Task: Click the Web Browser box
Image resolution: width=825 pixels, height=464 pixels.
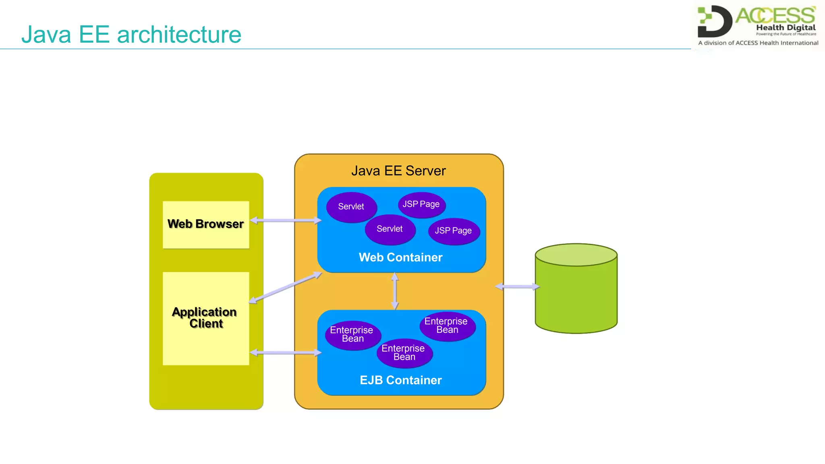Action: pyautogui.click(x=206, y=224)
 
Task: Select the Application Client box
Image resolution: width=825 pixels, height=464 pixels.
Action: pyautogui.click(x=206, y=318)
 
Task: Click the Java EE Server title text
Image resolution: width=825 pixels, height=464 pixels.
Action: pyautogui.click(x=398, y=171)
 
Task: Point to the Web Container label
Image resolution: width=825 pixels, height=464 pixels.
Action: pyautogui.click(x=400, y=257)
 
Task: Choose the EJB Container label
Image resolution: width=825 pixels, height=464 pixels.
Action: pyautogui.click(x=400, y=380)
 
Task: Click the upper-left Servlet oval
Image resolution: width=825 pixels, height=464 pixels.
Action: pyautogui.click(x=351, y=207)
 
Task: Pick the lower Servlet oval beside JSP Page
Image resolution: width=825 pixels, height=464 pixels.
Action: pyautogui.click(x=390, y=229)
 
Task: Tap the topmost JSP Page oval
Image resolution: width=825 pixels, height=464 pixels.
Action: pyautogui.click(x=421, y=205)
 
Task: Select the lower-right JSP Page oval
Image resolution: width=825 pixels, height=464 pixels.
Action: pyautogui.click(x=454, y=231)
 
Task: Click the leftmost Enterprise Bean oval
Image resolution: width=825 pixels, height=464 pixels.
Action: pyautogui.click(x=352, y=335)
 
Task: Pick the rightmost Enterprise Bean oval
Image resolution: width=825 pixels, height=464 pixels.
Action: pyautogui.click(x=447, y=326)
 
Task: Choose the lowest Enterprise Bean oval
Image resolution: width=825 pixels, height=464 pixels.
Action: pyautogui.click(x=404, y=353)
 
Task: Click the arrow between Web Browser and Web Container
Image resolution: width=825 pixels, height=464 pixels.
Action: pyautogui.click(x=286, y=220)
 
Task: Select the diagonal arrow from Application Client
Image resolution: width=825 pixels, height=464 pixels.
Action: pyautogui.click(x=286, y=287)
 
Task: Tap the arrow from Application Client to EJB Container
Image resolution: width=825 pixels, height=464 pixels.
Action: pyautogui.click(x=286, y=353)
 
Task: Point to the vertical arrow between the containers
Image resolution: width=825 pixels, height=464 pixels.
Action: pyautogui.click(x=395, y=291)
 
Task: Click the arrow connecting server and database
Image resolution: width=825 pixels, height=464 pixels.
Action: pyautogui.click(x=518, y=287)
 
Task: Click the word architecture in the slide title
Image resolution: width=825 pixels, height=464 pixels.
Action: pyautogui.click(x=179, y=35)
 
